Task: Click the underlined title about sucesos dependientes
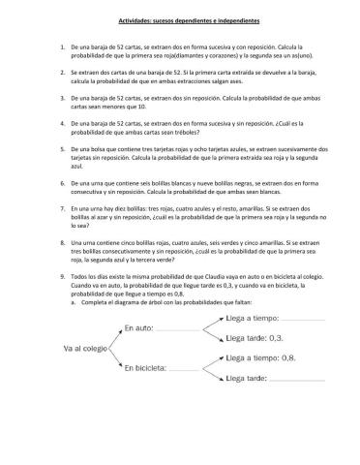pos(180,20)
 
